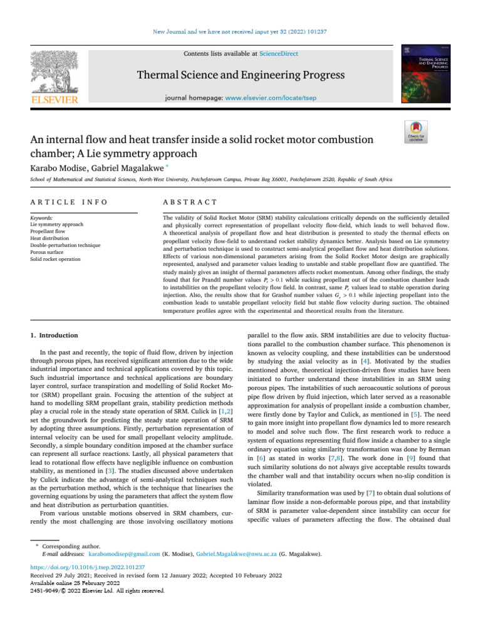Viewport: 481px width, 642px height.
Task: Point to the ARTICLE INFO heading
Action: pyautogui.click(x=69, y=202)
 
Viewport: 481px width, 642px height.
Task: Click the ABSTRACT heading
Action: pyautogui.click(x=189, y=202)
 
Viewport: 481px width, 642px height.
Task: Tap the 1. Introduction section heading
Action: pyautogui.click(x=56, y=335)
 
